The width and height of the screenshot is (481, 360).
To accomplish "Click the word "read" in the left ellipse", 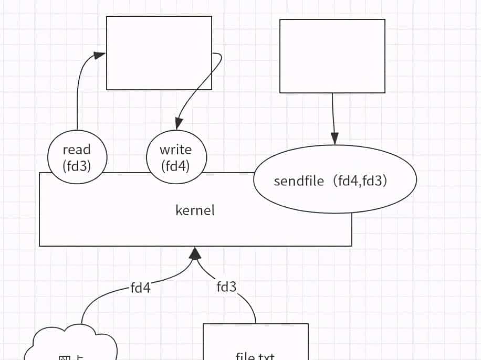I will (x=77, y=150).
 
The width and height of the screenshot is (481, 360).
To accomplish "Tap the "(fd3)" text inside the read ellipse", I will (x=77, y=166).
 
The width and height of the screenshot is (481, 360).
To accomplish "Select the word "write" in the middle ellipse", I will (x=175, y=150).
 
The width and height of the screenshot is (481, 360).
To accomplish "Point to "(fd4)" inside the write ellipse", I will (x=175, y=166).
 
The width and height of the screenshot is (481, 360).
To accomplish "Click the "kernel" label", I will (x=195, y=210).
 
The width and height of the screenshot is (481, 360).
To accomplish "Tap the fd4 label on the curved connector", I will (x=140, y=288).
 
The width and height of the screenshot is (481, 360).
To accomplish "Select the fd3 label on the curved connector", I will (x=226, y=287).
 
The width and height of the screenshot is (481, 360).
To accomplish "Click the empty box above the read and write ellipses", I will (x=159, y=52).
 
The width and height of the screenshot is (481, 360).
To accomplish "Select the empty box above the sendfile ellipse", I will (x=332, y=56).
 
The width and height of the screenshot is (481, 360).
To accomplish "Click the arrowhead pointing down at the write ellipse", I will (x=179, y=124).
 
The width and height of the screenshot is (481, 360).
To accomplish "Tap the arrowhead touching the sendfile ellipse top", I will (x=334, y=139).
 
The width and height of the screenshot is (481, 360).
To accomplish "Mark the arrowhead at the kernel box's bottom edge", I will (x=195, y=253).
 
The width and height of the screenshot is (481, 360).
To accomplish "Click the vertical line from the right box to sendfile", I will (x=333, y=113).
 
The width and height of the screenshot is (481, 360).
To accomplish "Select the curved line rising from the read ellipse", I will (x=78, y=94).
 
